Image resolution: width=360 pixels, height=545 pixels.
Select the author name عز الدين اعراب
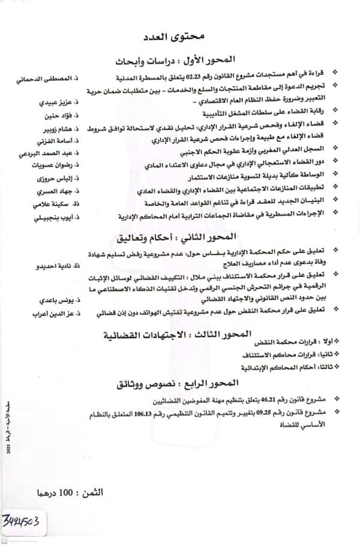pos(50,313)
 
